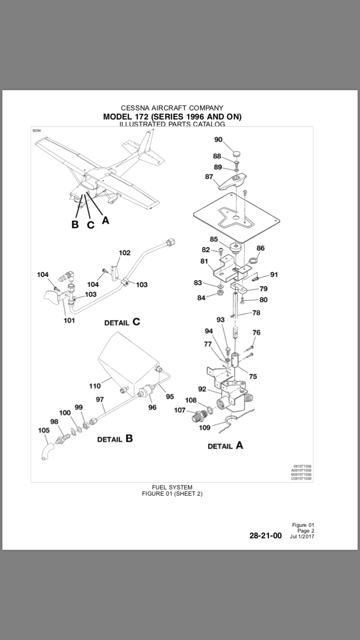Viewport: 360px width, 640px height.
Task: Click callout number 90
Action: pyautogui.click(x=218, y=140)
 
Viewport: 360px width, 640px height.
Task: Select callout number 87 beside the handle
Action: pyautogui.click(x=209, y=177)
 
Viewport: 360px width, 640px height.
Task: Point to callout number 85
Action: pyautogui.click(x=214, y=239)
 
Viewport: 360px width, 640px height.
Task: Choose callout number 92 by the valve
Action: pyautogui.click(x=202, y=389)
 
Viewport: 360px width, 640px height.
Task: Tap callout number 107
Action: pyautogui.click(x=180, y=410)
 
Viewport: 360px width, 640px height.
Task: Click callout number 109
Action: pyautogui.click(x=204, y=427)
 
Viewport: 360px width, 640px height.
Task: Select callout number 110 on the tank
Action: pyautogui.click(x=95, y=386)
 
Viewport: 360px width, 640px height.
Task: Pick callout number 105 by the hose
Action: pyautogui.click(x=44, y=430)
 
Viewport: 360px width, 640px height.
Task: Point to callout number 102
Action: pyautogui.click(x=124, y=253)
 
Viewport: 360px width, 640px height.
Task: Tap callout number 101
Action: pyautogui.click(x=69, y=320)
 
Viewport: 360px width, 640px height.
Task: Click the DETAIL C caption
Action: pyautogui.click(x=122, y=322)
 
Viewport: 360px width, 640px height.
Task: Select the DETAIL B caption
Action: pyautogui.click(x=115, y=439)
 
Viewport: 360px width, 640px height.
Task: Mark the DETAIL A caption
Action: pyautogui.click(x=225, y=446)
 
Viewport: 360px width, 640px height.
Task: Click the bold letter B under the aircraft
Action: pyautogui.click(x=75, y=225)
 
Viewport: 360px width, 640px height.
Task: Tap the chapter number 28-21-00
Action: pyautogui.click(x=265, y=536)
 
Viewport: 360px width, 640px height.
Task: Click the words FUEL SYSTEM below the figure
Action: pyautogui.click(x=172, y=487)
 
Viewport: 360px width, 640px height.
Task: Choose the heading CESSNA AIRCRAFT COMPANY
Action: pyautogui.click(x=172, y=108)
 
